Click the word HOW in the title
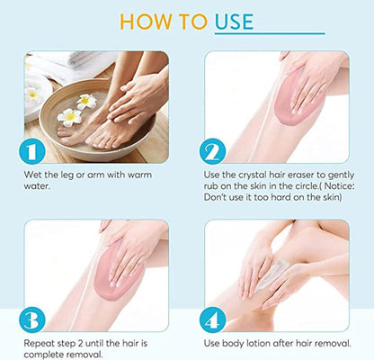tap(147, 22)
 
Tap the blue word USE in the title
tap(234, 22)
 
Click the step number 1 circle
tap(32, 152)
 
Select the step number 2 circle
tap(212, 151)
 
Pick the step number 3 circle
tap(32, 319)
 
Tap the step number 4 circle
tap(212, 319)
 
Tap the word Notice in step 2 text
tap(338, 186)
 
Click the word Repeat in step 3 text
tap(39, 344)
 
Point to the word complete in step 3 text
tap(43, 355)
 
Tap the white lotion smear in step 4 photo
tap(274, 274)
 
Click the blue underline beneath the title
tap(270, 33)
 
